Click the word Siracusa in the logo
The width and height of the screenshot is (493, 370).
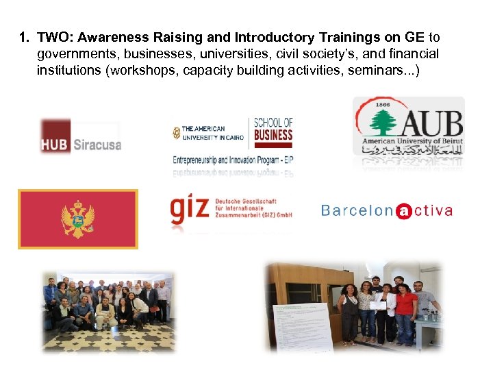96,145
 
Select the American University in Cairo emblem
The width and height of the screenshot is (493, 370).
177,133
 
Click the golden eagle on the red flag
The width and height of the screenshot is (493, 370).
77,219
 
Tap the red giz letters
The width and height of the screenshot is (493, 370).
189,209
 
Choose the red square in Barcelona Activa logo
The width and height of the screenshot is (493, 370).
404,210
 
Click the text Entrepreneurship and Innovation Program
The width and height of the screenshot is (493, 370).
232,159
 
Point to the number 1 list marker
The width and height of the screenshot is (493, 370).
24,38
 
